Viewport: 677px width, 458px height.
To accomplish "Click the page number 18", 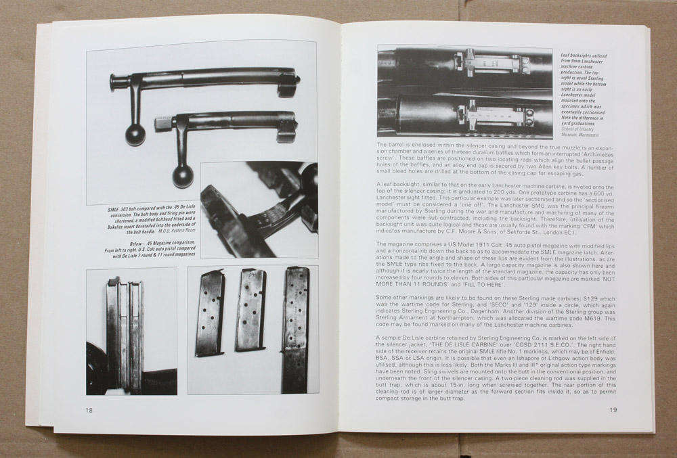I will pos(89,410).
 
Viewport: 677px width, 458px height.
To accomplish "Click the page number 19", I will pos(613,409).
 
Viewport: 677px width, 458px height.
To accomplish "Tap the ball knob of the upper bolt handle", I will pos(135,134).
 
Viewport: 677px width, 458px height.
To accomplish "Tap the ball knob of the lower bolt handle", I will pos(182,176).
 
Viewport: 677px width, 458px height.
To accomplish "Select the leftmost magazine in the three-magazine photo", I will pos(210,313).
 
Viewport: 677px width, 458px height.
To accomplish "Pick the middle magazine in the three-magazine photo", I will pos(250,309).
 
